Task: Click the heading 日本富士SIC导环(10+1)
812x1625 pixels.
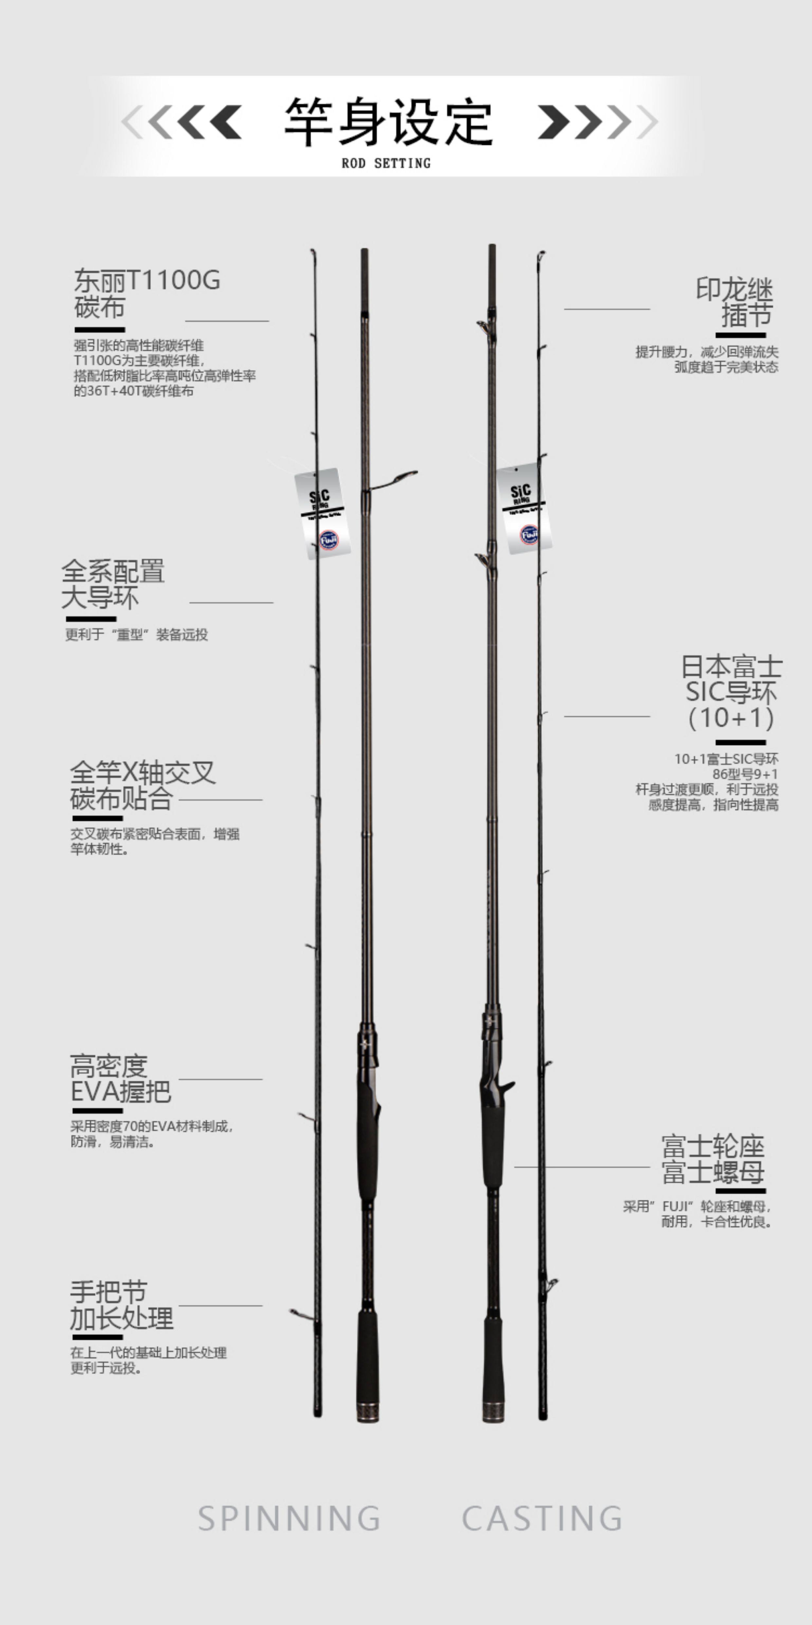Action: pos(731,692)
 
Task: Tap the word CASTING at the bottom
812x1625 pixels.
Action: pos(542,1519)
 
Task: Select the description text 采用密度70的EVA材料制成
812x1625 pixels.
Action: pos(151,1126)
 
